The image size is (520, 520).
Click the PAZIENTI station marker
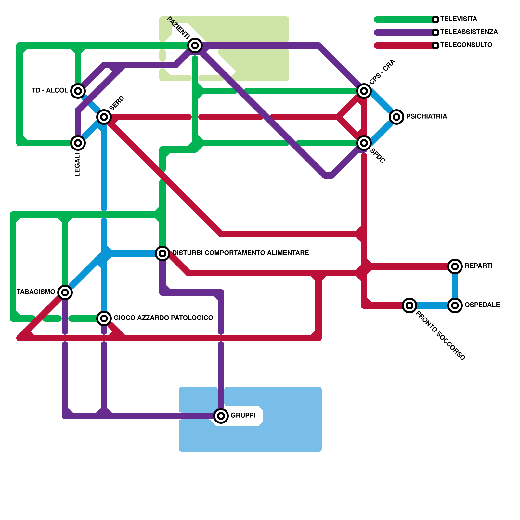(x=195, y=45)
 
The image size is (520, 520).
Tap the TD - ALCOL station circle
(x=78, y=91)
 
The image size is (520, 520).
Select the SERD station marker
(x=104, y=117)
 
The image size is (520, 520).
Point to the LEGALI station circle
(x=78, y=143)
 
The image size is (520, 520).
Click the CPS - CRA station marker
(x=364, y=91)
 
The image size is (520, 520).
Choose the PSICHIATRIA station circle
(x=396, y=117)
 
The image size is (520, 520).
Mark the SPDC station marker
(x=364, y=143)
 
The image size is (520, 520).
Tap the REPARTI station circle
(x=455, y=266)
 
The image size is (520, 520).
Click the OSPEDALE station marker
(x=455, y=305)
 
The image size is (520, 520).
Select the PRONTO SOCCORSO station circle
(x=409, y=305)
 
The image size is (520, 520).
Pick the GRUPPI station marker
(x=221, y=416)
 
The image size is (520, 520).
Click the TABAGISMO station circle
(x=65, y=292)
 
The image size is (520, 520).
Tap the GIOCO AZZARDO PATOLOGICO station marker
(x=104, y=318)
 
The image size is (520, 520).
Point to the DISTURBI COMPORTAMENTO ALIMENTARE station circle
(x=162, y=253)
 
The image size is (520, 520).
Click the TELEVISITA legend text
(x=459, y=19)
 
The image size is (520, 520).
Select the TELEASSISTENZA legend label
(x=469, y=32)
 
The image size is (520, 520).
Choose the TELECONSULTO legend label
(x=466, y=45)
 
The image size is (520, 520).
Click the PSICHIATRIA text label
(x=426, y=116)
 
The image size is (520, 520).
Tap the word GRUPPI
(x=243, y=415)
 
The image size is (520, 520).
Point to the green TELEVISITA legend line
(x=403, y=19)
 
